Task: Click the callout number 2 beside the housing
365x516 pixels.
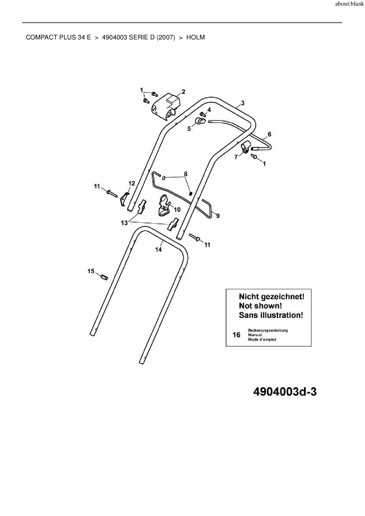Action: tap(183, 92)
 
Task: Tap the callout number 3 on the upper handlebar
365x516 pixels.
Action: tap(242, 103)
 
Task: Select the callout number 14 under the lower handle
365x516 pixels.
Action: tap(158, 249)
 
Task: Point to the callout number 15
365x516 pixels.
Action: tap(91, 271)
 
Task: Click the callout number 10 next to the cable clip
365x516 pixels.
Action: tap(177, 209)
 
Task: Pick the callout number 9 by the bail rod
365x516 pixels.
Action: tap(218, 216)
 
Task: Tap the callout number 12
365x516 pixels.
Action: tap(132, 184)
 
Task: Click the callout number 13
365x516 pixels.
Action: tap(124, 223)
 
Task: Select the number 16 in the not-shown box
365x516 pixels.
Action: tap(236, 335)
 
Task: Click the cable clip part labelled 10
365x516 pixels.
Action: tap(164, 206)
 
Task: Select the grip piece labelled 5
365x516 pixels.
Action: tap(200, 121)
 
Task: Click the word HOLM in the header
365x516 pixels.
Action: tap(195, 37)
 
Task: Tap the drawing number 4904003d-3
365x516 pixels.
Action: tap(285, 392)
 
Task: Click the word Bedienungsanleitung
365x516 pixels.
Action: tap(268, 330)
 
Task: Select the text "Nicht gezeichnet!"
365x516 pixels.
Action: tap(271, 297)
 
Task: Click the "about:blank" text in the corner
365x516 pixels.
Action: tap(349, 4)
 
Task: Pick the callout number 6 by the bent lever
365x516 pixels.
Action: tap(269, 134)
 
